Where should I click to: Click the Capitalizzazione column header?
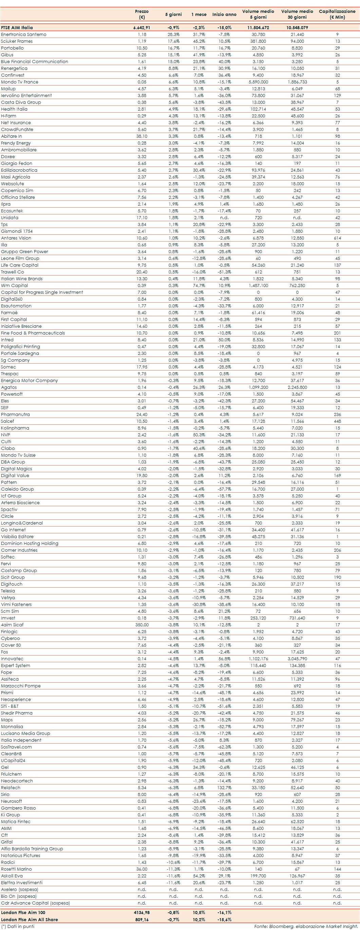(x=337, y=14)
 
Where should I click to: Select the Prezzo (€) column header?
(x=141, y=14)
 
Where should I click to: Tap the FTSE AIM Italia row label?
(x=17, y=27)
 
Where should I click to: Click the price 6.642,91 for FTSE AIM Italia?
(x=141, y=27)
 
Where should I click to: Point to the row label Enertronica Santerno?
(x=23, y=34)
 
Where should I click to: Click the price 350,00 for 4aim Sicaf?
(x=141, y=625)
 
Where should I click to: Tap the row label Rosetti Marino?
(x=16, y=869)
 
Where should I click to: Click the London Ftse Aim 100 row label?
(x=23, y=912)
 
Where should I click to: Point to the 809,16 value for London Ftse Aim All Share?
(x=141, y=919)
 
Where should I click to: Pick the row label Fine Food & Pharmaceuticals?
(x=33, y=333)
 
